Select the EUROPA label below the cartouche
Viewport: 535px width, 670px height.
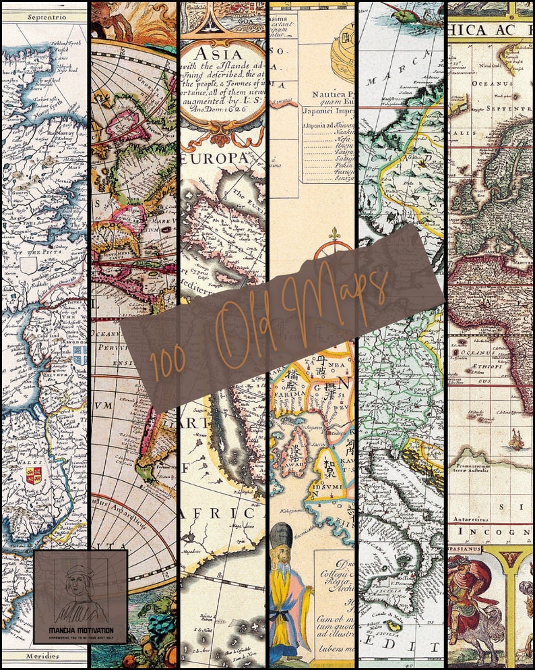216,157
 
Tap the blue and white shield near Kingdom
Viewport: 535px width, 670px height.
80,355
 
